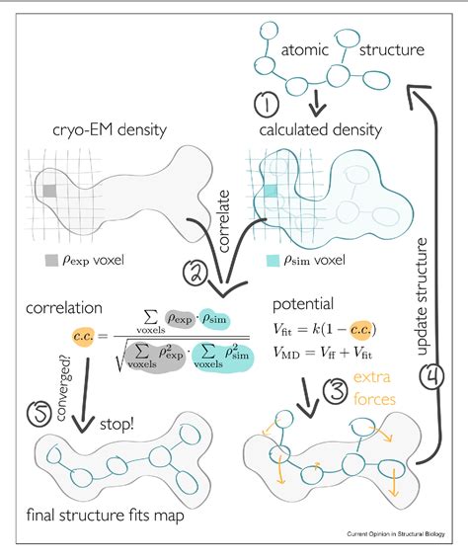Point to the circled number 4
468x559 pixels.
pos(429,379)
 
